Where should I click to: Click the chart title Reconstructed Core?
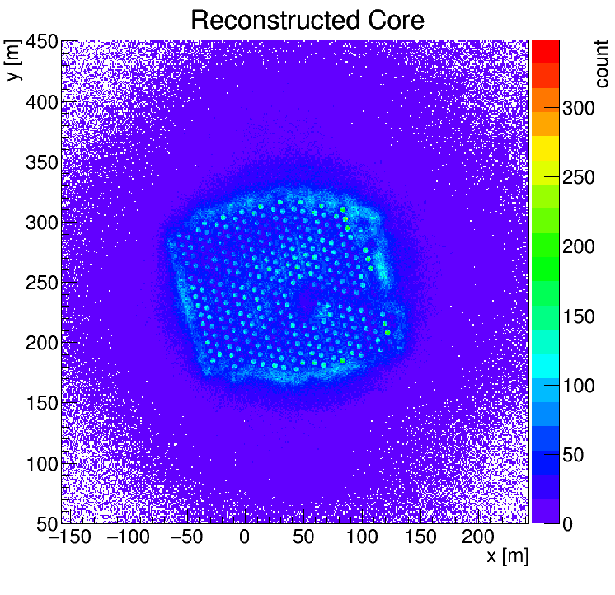[x=307, y=20]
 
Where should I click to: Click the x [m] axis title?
[x=506, y=556]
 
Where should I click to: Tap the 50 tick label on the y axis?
[x=45, y=523]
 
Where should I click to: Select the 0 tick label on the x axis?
[x=244, y=538]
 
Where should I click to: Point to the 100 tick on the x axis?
[x=361, y=538]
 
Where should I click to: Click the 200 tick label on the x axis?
[x=478, y=538]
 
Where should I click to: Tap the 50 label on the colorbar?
[x=574, y=455]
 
